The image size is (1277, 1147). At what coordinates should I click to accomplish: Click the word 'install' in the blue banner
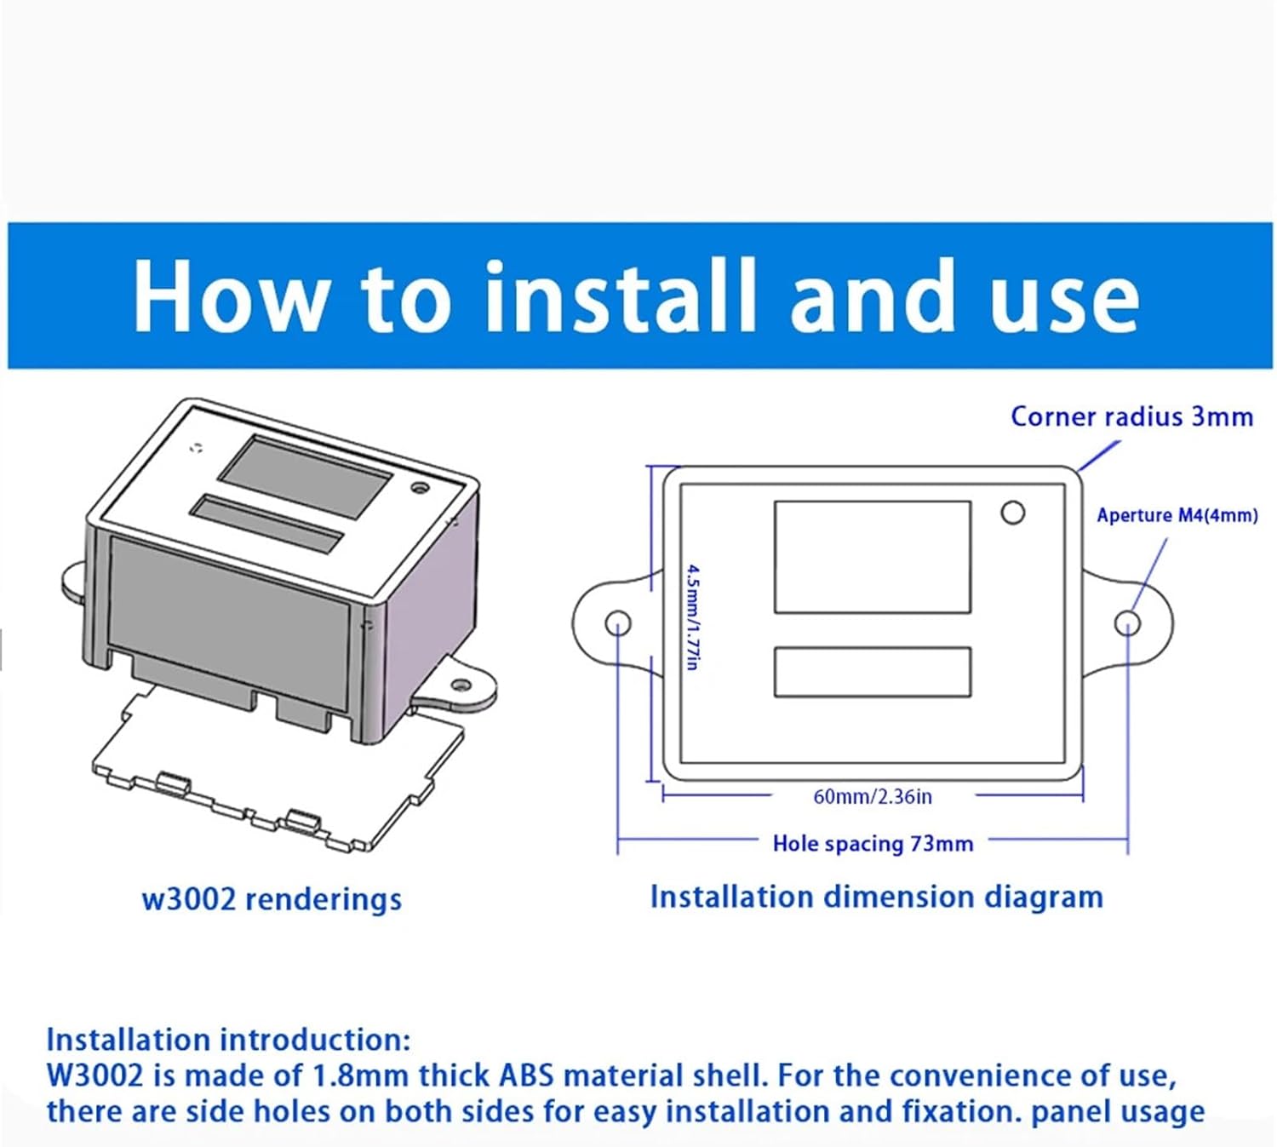[620, 295]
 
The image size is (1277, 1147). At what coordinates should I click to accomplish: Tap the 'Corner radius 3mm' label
[1131, 416]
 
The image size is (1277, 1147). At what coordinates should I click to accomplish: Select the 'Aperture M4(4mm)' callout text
[1177, 515]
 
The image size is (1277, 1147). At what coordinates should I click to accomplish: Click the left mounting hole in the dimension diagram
[618, 622]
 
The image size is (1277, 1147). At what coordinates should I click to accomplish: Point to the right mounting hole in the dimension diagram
[1126, 623]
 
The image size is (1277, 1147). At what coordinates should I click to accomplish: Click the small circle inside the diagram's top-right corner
[1012, 513]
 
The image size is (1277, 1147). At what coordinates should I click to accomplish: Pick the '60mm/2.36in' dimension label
[873, 796]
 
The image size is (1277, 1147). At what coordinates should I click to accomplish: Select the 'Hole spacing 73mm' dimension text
[873, 844]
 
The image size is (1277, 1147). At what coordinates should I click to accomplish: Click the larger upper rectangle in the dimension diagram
[872, 557]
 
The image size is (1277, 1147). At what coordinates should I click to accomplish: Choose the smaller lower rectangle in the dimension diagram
[872, 672]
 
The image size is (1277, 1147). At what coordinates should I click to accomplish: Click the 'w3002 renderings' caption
[272, 899]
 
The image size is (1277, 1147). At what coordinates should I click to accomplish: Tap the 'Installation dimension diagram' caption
[876, 897]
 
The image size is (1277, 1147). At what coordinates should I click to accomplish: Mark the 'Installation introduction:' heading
[228, 1040]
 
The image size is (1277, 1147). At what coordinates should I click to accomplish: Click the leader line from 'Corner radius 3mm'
[1099, 456]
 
